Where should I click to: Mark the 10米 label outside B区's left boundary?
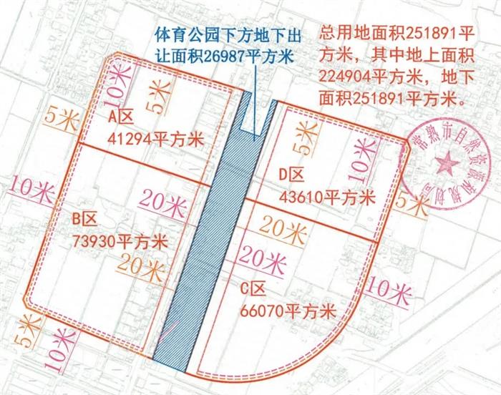click(x=29, y=187)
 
